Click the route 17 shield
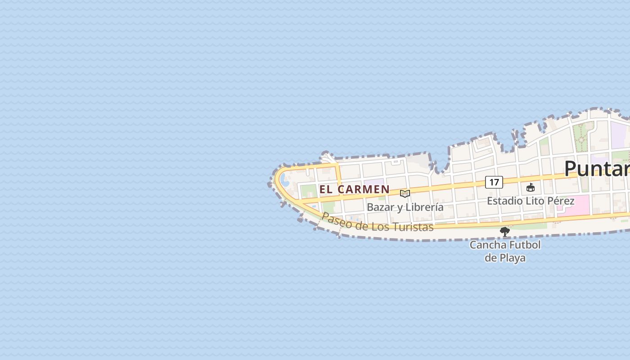coord(494,182)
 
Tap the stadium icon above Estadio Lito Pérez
coord(531,187)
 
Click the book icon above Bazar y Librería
coord(405,193)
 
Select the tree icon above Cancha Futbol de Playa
coord(505,232)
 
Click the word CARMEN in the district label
coord(363,189)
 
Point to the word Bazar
coord(379,207)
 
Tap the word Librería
coord(424,207)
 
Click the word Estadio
coord(504,201)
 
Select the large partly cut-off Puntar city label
coord(597,168)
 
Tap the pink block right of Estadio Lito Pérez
coord(577,204)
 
